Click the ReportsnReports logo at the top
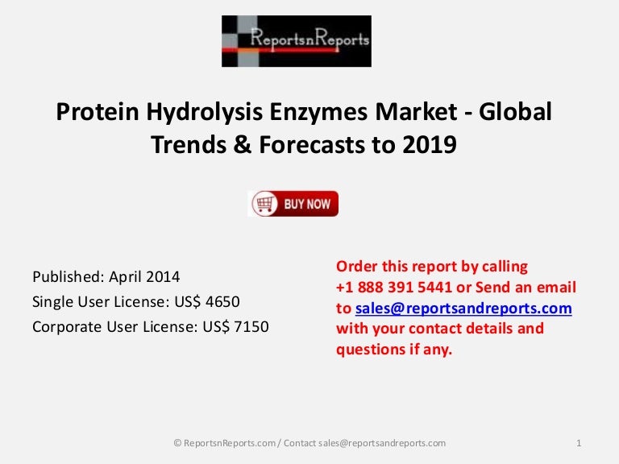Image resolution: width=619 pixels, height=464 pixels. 297,40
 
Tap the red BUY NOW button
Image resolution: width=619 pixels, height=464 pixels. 293,204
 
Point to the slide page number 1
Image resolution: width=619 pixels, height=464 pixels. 580,442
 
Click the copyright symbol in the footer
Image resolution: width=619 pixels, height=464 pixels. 177,442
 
